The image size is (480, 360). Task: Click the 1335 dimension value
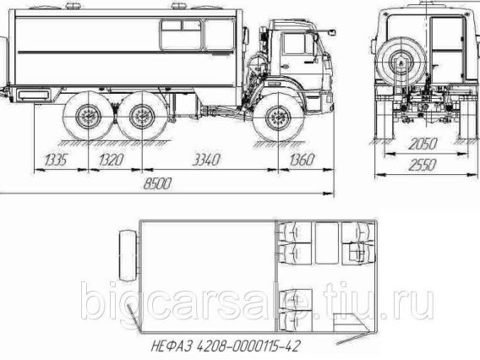(56, 160)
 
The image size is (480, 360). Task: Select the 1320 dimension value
(112, 160)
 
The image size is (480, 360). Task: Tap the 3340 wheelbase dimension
(206, 160)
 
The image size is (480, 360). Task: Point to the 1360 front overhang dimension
(303, 160)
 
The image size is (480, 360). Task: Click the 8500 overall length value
(157, 183)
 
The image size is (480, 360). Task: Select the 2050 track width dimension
(423, 144)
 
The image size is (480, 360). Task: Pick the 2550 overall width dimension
(423, 166)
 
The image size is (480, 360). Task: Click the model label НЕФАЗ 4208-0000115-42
(226, 346)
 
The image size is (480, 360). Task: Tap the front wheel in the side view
(278, 117)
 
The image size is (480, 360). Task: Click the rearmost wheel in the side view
(88, 117)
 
